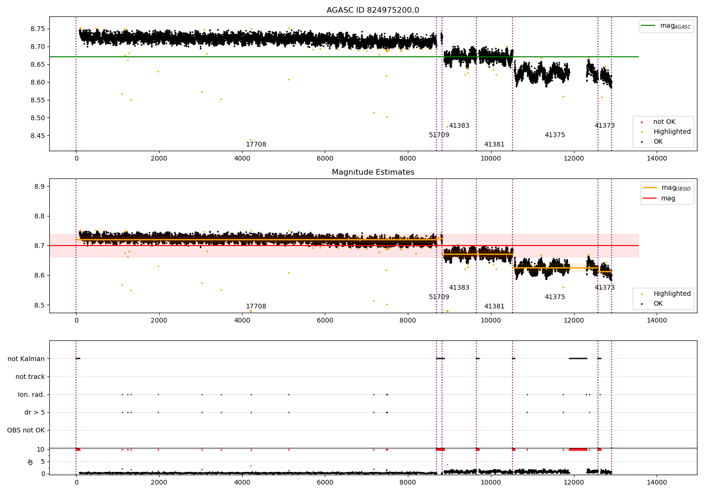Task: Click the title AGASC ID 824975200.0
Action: tap(373, 10)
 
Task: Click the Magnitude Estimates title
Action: tap(373, 172)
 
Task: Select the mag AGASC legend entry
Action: tap(666, 26)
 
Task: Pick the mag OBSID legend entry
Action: tap(667, 188)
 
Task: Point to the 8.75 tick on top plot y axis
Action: tap(38, 29)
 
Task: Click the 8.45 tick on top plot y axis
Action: tap(38, 136)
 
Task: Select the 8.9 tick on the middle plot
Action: tap(39, 186)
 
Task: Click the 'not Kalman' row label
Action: tap(26, 359)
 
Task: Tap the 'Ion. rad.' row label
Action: tap(31, 394)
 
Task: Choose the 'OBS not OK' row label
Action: tap(26, 430)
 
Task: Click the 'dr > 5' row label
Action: tap(35, 412)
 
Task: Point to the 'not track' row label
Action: tap(30, 377)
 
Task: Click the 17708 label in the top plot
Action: tap(256, 144)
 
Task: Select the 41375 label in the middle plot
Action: tap(555, 297)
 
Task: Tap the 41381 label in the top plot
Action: tap(494, 144)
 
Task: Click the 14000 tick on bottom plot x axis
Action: tap(657, 482)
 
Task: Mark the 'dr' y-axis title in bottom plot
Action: tap(30, 462)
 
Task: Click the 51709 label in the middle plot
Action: tap(439, 297)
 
